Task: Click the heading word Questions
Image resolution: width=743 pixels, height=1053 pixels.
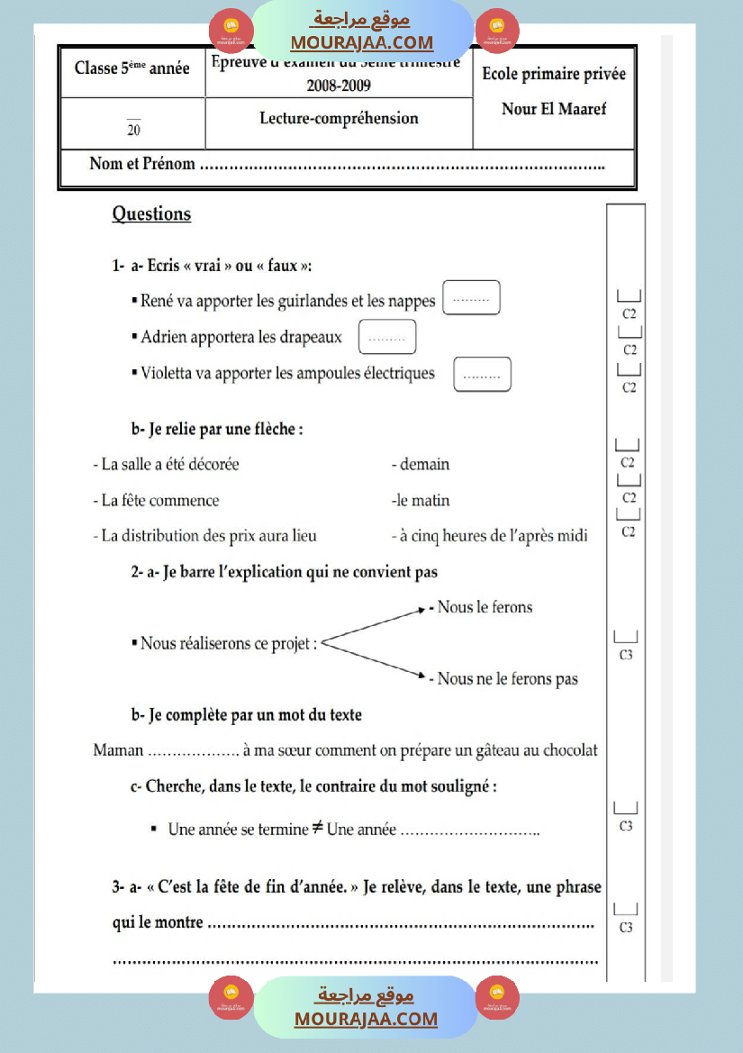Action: coord(151,214)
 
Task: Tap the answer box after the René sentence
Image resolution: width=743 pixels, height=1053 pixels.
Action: coord(471,298)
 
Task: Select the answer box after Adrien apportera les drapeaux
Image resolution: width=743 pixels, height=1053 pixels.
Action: coord(387,337)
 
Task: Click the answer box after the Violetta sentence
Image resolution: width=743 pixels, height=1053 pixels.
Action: coord(483,374)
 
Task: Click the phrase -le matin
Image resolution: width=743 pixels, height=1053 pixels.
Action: coord(421,501)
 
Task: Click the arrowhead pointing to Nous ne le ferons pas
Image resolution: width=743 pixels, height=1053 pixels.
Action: coord(421,674)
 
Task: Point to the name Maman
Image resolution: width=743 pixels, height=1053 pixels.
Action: coord(118,750)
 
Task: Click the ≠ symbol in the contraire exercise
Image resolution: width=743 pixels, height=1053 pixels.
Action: coord(318,828)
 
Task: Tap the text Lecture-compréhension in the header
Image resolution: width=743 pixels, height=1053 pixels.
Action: coord(339,118)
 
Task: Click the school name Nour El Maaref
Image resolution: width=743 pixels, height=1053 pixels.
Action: coord(554,109)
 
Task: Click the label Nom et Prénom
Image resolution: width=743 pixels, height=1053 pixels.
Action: coord(142,164)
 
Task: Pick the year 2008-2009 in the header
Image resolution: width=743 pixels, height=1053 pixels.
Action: coord(339,86)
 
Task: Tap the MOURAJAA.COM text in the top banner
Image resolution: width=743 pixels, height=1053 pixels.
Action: coord(361,42)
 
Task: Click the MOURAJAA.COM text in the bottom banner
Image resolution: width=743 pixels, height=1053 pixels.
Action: coord(366,1019)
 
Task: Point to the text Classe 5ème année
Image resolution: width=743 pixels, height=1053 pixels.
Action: coord(132,68)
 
